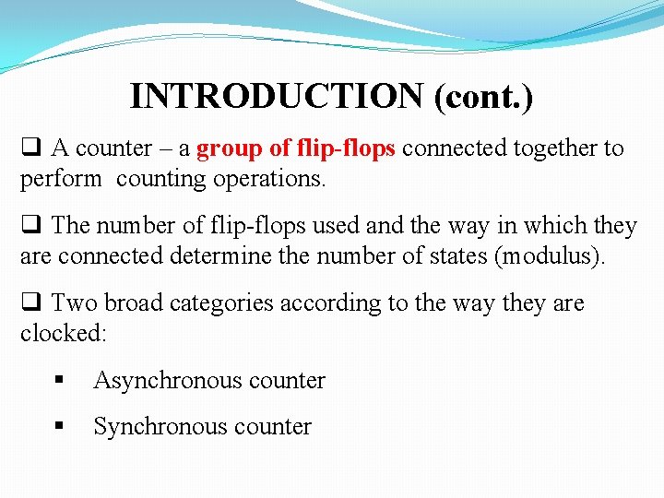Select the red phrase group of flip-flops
pyautogui.click(x=296, y=148)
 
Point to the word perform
pyautogui.click(x=61, y=179)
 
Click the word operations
pyautogui.click(x=269, y=179)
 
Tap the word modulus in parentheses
pyautogui.click(x=549, y=256)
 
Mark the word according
pyautogui.click(x=324, y=303)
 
